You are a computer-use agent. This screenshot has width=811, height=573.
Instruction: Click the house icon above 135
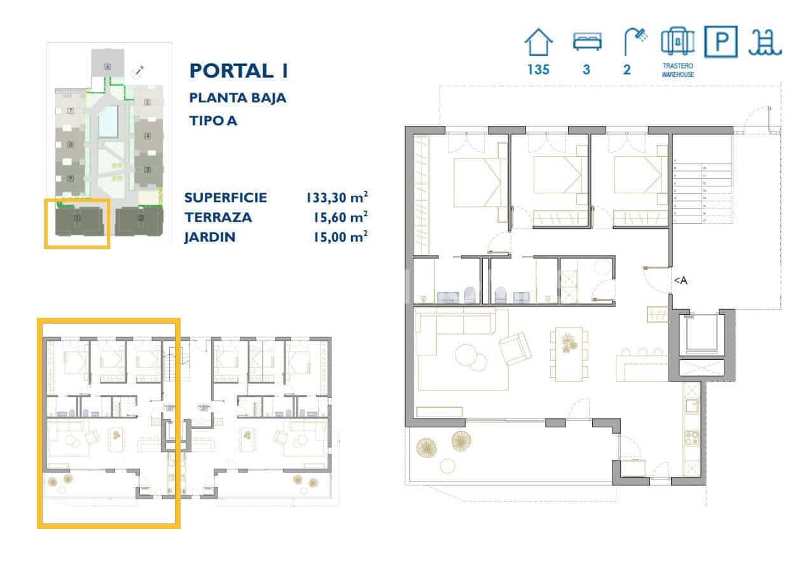click(538, 43)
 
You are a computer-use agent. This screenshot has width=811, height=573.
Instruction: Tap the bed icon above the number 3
click(586, 42)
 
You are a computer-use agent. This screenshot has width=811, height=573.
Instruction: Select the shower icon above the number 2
click(634, 42)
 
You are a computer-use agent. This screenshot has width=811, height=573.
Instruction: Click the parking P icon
click(721, 42)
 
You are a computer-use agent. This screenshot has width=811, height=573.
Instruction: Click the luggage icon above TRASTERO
click(677, 42)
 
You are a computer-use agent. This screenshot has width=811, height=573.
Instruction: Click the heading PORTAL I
click(239, 71)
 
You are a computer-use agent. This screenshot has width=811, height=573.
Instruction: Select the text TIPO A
click(213, 120)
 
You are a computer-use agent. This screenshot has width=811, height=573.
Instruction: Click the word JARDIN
click(210, 237)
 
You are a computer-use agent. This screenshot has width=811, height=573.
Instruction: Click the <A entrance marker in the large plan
click(680, 280)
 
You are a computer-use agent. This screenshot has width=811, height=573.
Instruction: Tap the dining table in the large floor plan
click(569, 354)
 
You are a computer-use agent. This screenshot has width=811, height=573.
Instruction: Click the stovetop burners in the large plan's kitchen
click(691, 439)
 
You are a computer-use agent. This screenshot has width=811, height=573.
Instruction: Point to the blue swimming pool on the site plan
click(109, 121)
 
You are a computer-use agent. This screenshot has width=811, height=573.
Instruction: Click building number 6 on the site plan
click(107, 66)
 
